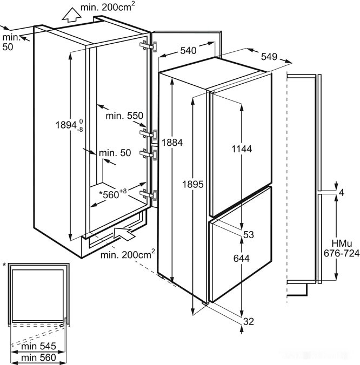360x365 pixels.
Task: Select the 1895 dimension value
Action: pos(193,184)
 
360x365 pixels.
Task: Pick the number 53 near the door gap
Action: pos(249,234)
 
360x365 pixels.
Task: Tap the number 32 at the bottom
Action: pos(249,322)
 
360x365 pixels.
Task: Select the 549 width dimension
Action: pos(269,56)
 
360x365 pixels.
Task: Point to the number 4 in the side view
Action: pos(342,192)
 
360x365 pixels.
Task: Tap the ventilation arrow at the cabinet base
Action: pos(125,234)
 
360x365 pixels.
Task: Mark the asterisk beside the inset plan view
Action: pos(4,265)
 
